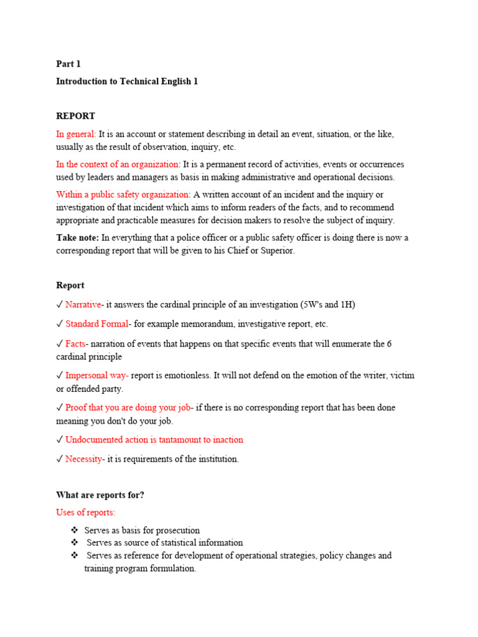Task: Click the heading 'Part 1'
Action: click(68, 63)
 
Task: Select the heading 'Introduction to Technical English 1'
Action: click(127, 81)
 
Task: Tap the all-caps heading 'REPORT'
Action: click(75, 116)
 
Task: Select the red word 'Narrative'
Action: click(83, 305)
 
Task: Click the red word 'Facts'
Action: click(75, 344)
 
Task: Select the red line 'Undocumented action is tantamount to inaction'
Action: click(154, 440)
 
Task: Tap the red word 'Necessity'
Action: click(84, 459)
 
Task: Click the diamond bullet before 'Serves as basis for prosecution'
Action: click(75, 531)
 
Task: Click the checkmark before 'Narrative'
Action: click(60, 305)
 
